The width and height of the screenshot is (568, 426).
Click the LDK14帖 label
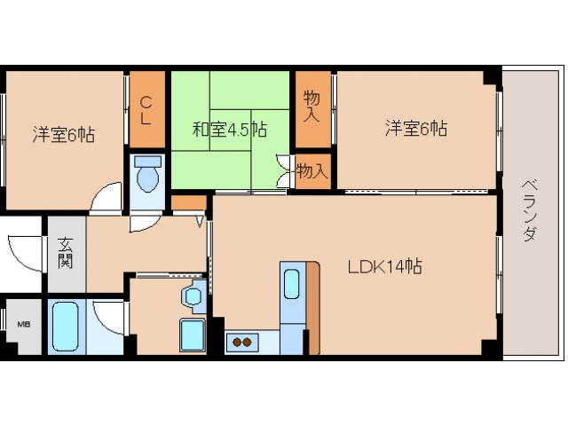[x=384, y=267]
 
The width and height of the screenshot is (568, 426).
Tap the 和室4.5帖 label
[x=230, y=129]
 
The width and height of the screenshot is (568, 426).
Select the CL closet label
[x=146, y=110]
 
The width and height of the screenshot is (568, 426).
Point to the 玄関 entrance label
[x=66, y=253]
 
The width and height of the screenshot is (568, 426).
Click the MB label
[x=24, y=324]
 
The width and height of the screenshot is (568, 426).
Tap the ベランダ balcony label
[x=530, y=210]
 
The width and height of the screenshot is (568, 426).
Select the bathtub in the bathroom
[x=65, y=327]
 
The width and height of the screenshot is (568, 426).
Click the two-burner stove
[x=242, y=343]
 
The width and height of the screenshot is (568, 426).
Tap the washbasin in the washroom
[x=194, y=296]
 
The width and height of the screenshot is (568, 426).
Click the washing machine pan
[x=193, y=335]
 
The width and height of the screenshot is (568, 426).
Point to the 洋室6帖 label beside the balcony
[x=416, y=129]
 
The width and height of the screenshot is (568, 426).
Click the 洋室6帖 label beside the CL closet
[x=64, y=134]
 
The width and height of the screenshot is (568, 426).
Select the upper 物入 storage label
[x=312, y=106]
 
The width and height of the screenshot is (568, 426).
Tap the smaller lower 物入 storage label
[x=312, y=171]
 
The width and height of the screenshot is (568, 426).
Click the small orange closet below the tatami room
[x=189, y=203]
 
